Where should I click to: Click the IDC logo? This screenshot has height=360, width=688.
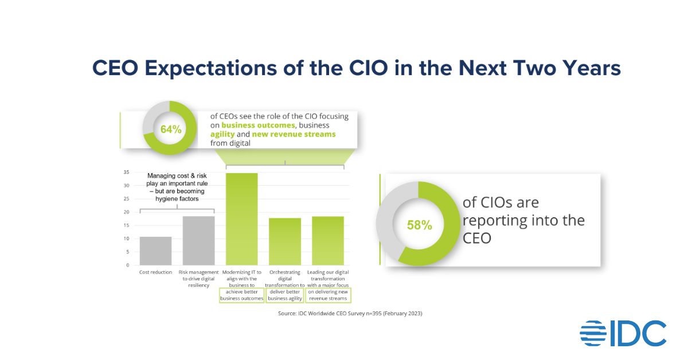(x=623, y=334)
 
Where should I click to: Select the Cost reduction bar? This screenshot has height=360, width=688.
(x=155, y=251)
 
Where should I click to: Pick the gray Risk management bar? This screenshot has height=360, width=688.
(x=198, y=241)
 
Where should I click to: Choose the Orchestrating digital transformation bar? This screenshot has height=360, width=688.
(x=285, y=241)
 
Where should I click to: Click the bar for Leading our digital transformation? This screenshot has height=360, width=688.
(x=328, y=241)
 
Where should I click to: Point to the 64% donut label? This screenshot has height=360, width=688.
(x=170, y=129)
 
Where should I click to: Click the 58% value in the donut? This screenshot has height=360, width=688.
(x=419, y=225)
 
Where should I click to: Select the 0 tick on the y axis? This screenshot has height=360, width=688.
(x=128, y=265)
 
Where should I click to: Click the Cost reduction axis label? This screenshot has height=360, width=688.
(x=155, y=272)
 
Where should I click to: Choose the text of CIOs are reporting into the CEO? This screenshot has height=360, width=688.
(x=523, y=220)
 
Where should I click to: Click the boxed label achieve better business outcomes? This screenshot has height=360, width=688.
(x=242, y=295)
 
